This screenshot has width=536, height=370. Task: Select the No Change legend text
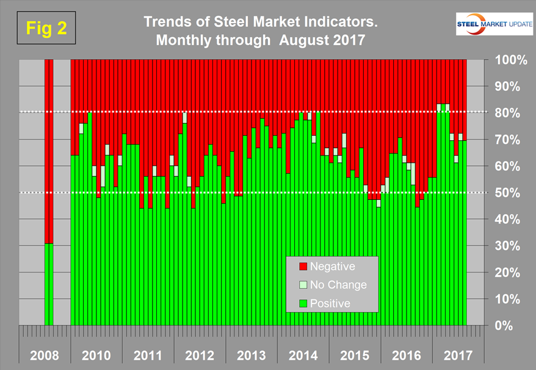pos(338,285)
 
